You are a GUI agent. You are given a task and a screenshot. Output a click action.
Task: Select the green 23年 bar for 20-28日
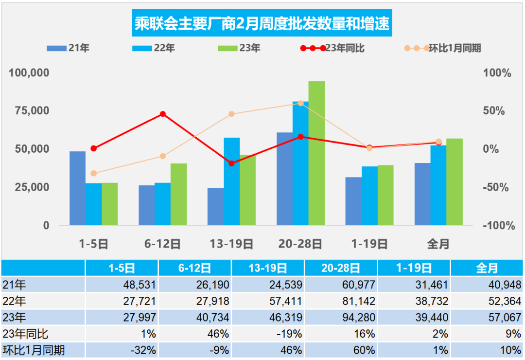[x=316, y=153]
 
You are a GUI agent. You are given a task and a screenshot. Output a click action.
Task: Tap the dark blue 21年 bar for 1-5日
[x=77, y=188]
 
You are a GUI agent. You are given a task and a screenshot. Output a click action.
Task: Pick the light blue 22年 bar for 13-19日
[x=231, y=181]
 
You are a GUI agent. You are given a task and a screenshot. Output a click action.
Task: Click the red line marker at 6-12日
[x=163, y=114]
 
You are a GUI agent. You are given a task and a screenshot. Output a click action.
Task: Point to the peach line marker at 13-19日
[x=231, y=114]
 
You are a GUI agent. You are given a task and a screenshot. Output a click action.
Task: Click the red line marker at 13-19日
[x=231, y=163]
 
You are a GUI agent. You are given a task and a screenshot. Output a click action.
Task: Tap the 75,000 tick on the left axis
[x=29, y=110]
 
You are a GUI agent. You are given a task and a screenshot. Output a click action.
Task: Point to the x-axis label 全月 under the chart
[x=438, y=244]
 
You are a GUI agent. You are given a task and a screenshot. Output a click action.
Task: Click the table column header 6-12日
[x=194, y=268]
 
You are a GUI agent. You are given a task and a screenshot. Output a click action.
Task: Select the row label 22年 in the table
[x=15, y=301]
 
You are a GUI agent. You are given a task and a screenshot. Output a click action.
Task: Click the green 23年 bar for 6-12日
[x=178, y=195]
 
